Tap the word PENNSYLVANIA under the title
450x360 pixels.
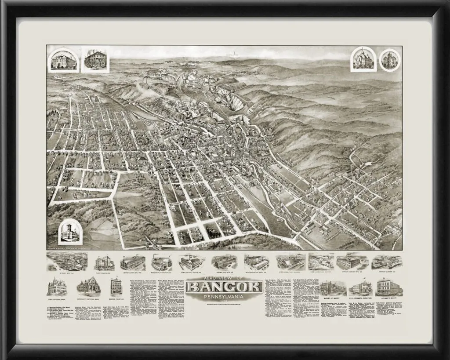click(x=225, y=297)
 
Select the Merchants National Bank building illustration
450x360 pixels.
click(x=89, y=286)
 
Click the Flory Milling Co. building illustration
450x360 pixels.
click(x=104, y=262)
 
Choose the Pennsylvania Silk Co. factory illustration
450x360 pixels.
click(x=132, y=262)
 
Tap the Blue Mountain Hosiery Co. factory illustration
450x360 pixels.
click(x=257, y=262)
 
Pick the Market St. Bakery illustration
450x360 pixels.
click(x=333, y=288)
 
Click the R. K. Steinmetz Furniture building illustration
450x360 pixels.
click(x=361, y=288)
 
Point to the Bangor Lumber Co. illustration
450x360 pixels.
click(x=387, y=262)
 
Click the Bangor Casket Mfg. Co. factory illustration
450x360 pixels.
click(x=352, y=262)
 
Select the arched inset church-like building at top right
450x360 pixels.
click(x=363, y=59)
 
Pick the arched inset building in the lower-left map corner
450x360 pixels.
click(x=70, y=231)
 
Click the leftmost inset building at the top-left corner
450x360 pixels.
click(x=64, y=60)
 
